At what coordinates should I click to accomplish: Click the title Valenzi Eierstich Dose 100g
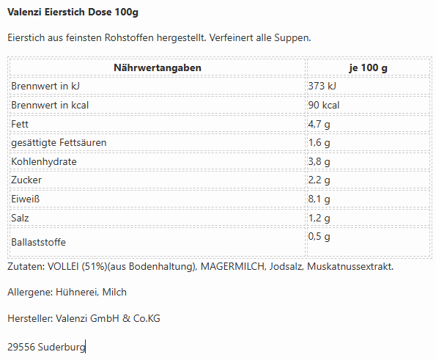point(73,12)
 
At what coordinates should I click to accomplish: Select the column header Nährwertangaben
point(158,68)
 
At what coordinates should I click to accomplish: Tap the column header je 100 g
point(368,68)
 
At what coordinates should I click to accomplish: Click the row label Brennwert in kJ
point(45,87)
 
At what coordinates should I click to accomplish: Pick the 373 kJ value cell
point(322,87)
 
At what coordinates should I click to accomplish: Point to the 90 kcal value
point(324,105)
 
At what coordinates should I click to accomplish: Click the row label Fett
point(20,124)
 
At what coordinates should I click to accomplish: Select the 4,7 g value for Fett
point(319,125)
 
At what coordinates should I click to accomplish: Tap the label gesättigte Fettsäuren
point(59,143)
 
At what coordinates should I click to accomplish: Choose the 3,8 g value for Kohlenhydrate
point(319,162)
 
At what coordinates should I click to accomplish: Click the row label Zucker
point(26,180)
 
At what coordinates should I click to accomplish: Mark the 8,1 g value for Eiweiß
point(319,199)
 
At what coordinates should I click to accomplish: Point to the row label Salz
point(20,218)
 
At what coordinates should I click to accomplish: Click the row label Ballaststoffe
point(38,242)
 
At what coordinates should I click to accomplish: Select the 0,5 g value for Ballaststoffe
point(319,237)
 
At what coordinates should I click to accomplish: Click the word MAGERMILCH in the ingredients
point(232,267)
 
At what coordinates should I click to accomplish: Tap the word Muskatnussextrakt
point(350,267)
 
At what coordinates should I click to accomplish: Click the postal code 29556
point(21,348)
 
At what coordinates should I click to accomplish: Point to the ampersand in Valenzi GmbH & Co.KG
point(126,318)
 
